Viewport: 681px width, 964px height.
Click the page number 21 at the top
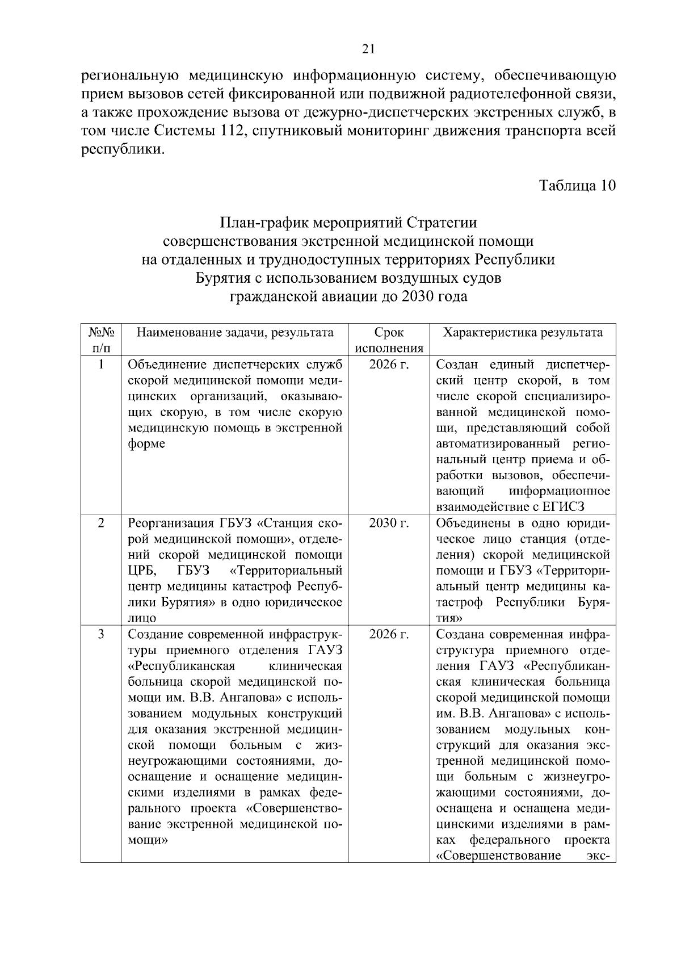[368, 49]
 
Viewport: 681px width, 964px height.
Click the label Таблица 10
[577, 186]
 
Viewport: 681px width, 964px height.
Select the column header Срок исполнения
[389, 340]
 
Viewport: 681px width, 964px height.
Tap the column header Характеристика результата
[522, 333]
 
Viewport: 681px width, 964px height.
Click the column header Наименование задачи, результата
[235, 333]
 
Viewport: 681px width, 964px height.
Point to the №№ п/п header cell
[101, 340]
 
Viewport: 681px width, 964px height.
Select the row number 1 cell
[101, 364]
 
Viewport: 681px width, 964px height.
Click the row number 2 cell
[101, 523]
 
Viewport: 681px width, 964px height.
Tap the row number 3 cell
[101, 634]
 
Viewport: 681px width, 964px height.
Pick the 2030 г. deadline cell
[389, 523]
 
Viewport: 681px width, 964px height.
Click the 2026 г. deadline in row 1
[389, 364]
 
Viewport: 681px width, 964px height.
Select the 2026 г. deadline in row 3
[389, 634]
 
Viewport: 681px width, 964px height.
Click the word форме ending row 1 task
[146, 444]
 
